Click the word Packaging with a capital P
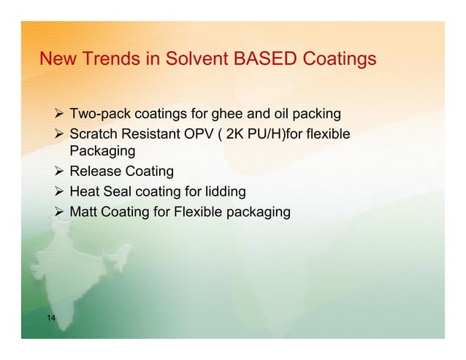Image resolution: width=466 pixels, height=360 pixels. point(102,152)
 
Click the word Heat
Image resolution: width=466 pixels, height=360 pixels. point(85,192)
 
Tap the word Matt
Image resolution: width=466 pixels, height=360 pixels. point(85,212)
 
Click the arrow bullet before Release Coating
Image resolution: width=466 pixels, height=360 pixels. point(60,172)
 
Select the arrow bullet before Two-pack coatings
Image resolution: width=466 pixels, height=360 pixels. point(60,114)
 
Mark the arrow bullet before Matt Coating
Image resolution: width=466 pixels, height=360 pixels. point(60,212)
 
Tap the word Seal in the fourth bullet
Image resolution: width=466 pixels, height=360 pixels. point(120,192)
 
